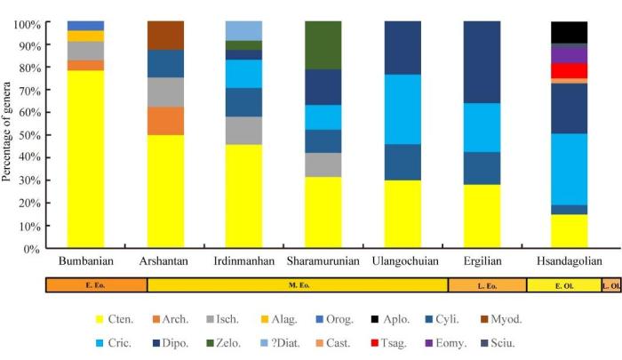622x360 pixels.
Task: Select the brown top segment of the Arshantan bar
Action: click(x=165, y=35)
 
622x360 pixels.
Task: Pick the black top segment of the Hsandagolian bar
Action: click(x=570, y=32)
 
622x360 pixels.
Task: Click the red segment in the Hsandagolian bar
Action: click(x=570, y=70)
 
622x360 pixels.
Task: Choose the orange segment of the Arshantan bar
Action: click(x=165, y=120)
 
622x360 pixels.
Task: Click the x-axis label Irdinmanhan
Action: click(x=244, y=261)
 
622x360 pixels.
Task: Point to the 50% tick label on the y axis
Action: click(x=27, y=135)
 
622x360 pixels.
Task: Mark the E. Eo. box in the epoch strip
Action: click(x=96, y=285)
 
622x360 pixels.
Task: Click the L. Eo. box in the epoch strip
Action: click(x=487, y=285)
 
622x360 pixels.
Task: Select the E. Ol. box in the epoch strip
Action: click(x=563, y=285)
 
